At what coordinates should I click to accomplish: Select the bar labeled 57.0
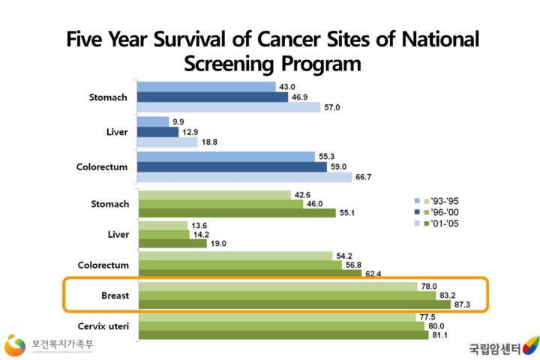[x=229, y=107]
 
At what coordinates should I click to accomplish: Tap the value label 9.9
[x=181, y=121]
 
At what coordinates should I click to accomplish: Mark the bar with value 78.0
[x=278, y=286]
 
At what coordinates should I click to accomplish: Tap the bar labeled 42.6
[x=214, y=194]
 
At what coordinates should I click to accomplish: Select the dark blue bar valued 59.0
[x=232, y=166]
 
